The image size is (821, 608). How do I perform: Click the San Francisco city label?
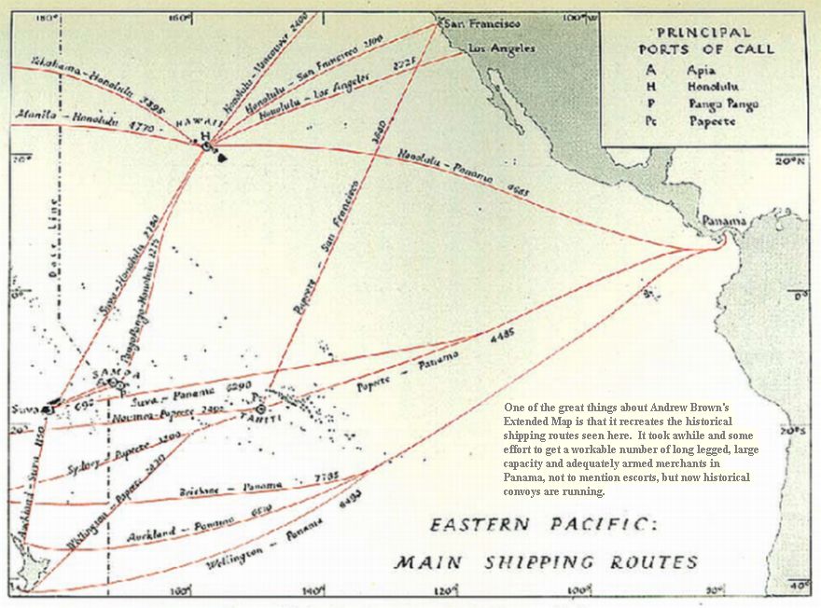[x=481, y=22]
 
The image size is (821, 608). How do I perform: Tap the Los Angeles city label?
[x=502, y=48]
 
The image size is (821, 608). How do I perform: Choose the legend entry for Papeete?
[x=712, y=121]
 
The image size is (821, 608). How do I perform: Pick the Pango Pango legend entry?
[x=723, y=104]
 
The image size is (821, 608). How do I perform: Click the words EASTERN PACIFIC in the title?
[x=543, y=525]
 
